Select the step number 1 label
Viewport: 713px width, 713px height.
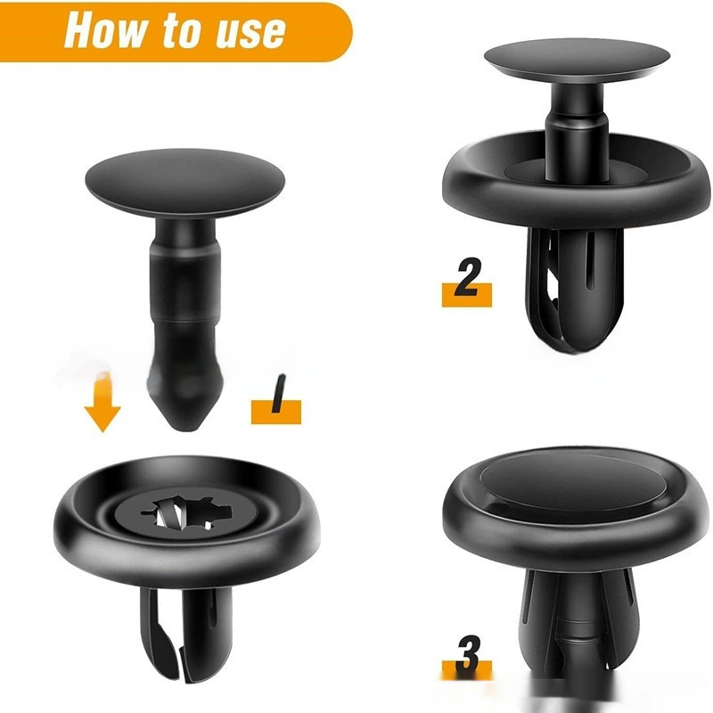pyautogui.click(x=276, y=400)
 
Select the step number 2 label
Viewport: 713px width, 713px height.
pyautogui.click(x=467, y=282)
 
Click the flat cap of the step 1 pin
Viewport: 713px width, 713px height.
pyautogui.click(x=184, y=182)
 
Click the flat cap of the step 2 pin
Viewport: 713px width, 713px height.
pyautogui.click(x=577, y=58)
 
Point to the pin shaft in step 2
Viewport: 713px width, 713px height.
pyautogui.click(x=578, y=132)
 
